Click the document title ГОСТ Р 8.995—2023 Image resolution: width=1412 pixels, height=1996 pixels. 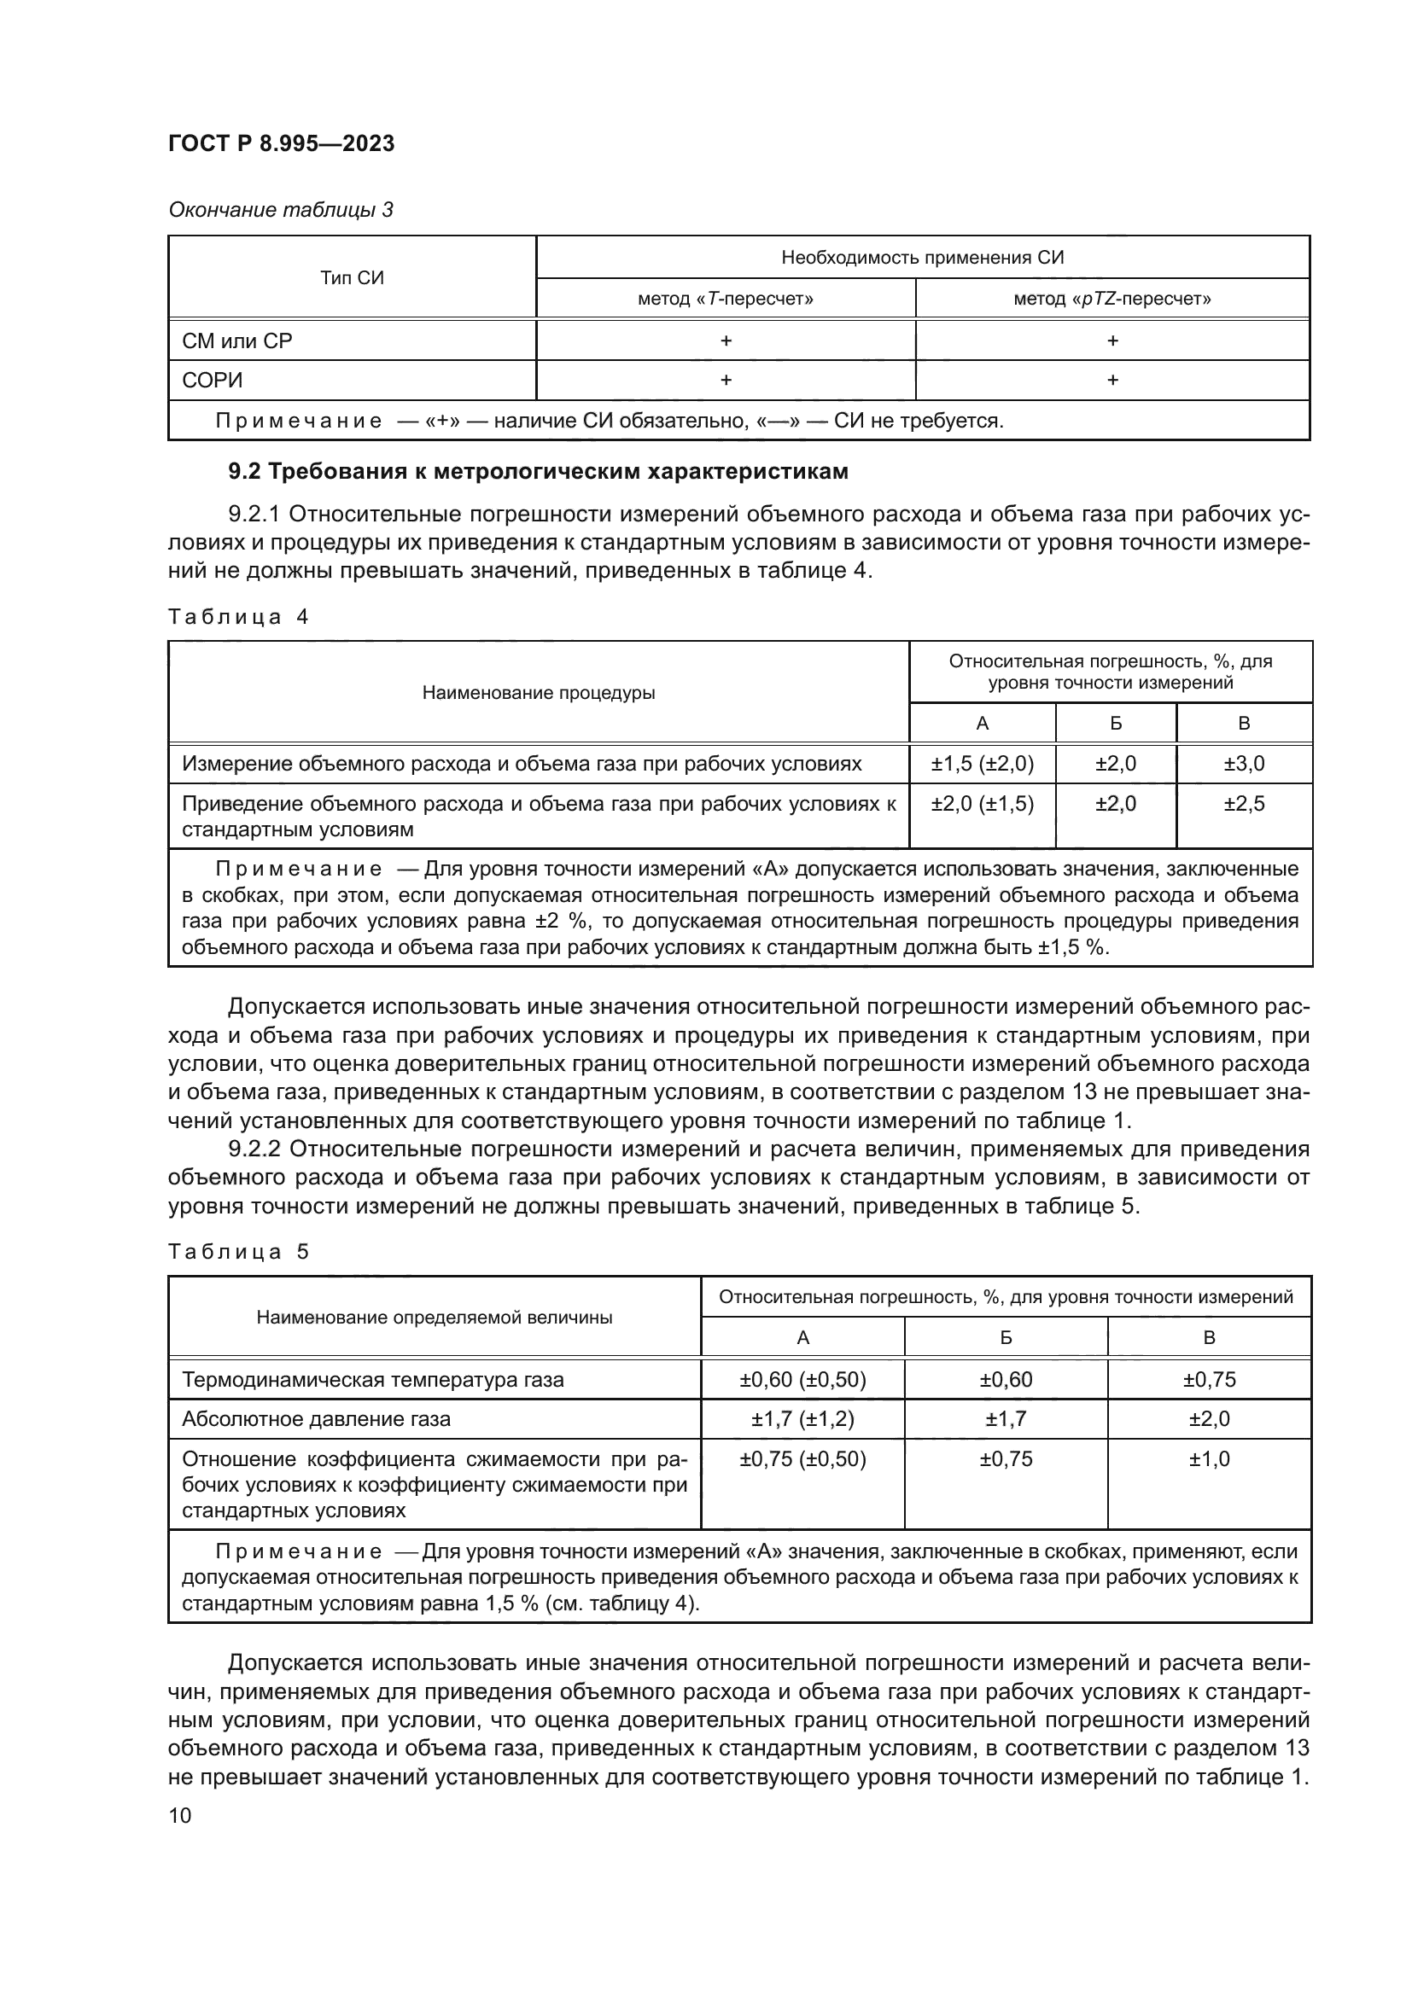click(281, 143)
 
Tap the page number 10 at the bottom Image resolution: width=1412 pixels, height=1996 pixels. click(180, 1815)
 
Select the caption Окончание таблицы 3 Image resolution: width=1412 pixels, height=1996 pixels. click(280, 210)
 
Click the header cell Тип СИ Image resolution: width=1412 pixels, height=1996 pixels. click(351, 278)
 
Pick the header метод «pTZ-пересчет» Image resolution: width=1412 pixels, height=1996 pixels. click(1112, 299)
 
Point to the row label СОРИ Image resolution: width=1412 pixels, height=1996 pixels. click(213, 381)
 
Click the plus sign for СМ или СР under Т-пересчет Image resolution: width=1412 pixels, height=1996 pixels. click(725, 340)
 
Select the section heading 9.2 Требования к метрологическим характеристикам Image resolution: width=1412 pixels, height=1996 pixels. click(537, 471)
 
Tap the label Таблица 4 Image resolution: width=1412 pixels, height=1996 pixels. click(237, 617)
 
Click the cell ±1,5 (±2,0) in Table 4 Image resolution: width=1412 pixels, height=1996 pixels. click(982, 764)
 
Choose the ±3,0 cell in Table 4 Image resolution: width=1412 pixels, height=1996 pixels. click(1243, 764)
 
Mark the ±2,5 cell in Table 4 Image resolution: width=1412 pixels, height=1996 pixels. click(1243, 803)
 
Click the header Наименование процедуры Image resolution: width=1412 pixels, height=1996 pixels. click(538, 693)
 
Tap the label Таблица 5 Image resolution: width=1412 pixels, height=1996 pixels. click(237, 1252)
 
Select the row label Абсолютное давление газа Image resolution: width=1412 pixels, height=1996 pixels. click(316, 1419)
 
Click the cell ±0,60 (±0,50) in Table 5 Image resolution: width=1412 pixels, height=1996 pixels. click(802, 1380)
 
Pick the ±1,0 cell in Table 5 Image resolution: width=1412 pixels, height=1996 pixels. click(1209, 1458)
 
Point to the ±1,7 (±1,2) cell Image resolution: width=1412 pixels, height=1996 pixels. click(802, 1419)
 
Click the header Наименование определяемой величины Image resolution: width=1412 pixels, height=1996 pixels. click(434, 1317)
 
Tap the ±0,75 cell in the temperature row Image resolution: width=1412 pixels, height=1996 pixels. click(1209, 1380)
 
